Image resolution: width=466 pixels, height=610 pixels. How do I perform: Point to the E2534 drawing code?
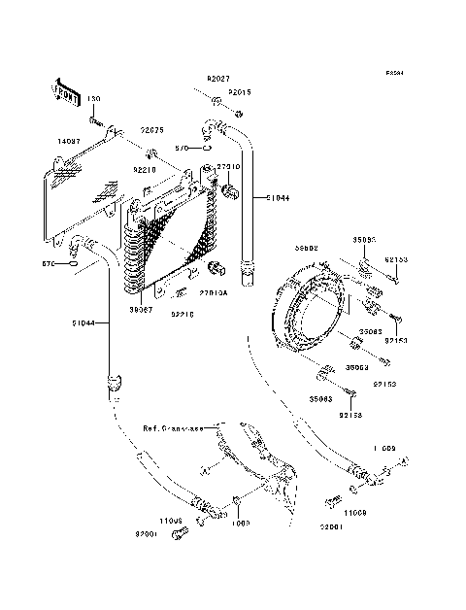pos(392,73)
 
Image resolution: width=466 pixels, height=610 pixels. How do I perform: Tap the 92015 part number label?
pos(240,92)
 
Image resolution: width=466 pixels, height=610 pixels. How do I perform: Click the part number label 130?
pos(94,99)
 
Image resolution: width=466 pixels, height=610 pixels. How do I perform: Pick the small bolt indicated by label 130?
pos(98,121)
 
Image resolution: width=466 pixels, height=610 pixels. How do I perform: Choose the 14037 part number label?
pos(71,142)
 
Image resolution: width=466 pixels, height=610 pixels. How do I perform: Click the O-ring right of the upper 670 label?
pos(209,149)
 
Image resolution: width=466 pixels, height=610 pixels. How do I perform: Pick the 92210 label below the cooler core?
pos(184,314)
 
